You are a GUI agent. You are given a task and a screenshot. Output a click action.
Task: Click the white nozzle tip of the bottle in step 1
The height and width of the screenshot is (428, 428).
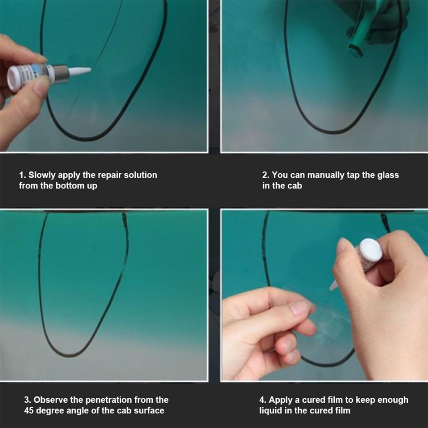[79, 71]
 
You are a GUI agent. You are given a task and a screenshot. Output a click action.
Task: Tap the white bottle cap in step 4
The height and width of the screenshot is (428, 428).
[370, 251]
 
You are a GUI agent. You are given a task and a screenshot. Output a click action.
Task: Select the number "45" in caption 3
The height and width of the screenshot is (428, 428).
[29, 410]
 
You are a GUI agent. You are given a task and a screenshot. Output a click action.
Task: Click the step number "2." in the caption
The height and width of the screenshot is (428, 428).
[266, 175]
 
